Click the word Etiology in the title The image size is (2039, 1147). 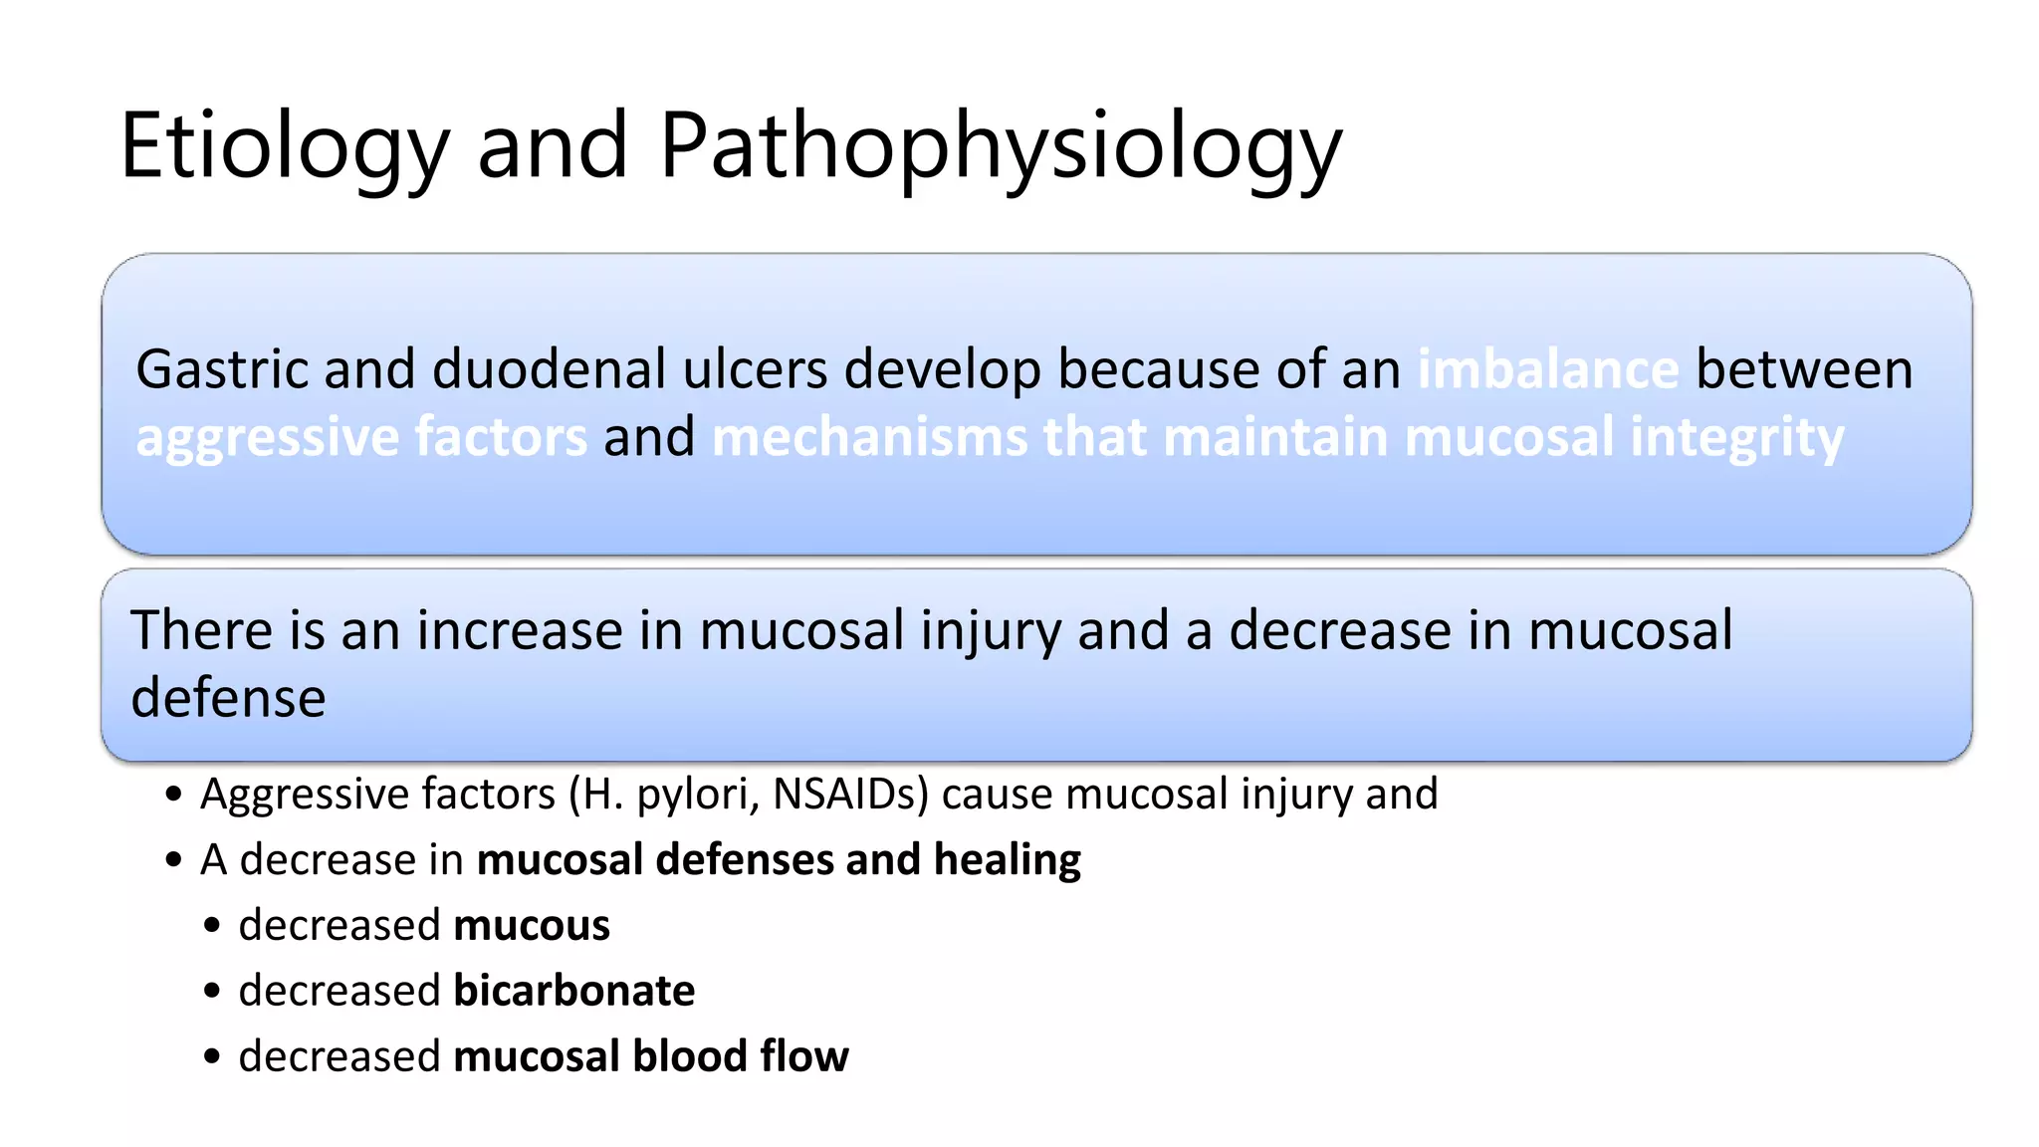[285, 147]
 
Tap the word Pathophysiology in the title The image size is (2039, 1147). [1000, 147]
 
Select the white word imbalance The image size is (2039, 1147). [1548, 369]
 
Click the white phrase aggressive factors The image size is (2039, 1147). [361, 437]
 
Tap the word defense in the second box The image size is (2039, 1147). [228, 697]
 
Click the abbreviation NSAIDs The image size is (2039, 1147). [850, 795]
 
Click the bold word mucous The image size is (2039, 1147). [531, 925]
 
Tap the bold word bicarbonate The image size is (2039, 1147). [573, 991]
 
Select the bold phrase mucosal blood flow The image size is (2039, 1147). [650, 1056]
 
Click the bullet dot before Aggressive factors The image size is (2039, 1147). [174, 795]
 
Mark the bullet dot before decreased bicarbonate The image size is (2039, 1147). [212, 992]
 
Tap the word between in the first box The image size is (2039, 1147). [1803, 369]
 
